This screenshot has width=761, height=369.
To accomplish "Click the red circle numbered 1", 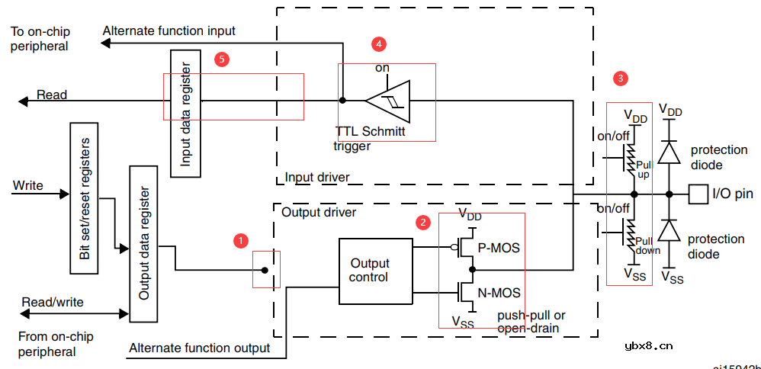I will (x=240, y=240).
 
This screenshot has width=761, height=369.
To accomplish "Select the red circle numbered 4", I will (x=378, y=44).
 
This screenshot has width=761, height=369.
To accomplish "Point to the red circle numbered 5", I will (x=221, y=59).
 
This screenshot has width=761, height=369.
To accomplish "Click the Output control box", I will (x=369, y=271).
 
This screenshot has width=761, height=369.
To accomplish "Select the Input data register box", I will (x=186, y=113).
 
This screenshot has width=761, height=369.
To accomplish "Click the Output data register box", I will (x=143, y=243).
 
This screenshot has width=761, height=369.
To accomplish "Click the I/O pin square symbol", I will (x=698, y=194).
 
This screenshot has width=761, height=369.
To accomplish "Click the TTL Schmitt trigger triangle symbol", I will (x=387, y=100).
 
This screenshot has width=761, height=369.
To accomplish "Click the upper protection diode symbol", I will (x=669, y=152).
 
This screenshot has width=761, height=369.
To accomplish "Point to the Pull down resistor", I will (x=629, y=235).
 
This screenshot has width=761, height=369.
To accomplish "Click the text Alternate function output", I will (x=199, y=348).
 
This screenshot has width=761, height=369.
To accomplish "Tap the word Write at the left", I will (x=28, y=186).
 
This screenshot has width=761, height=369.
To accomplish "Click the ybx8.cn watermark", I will (x=648, y=345).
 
